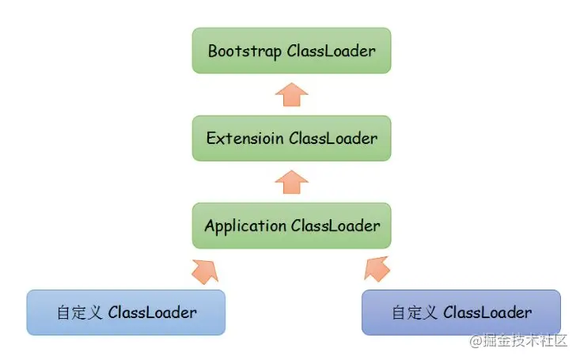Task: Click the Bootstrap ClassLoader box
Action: pos(291,51)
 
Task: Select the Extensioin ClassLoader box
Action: pos(291,138)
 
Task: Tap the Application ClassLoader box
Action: pos(291,225)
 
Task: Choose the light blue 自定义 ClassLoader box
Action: pos(126,313)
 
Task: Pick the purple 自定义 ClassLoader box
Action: pos(461,313)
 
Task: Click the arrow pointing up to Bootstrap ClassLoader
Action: pos(291,95)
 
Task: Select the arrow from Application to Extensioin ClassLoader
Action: pos(291,182)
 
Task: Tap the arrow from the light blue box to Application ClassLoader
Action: pos(206,271)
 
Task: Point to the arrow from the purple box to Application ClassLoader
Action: pos(377,269)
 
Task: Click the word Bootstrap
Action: pos(245,51)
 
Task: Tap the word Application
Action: pos(245,226)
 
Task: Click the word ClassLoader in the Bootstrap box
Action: pos(331,51)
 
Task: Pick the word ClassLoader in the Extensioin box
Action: pos(333,138)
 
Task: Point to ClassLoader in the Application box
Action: pos(335,225)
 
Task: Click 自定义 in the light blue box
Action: pos(79,313)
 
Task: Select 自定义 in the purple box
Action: pos(415,313)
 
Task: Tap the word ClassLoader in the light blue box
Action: pos(153,313)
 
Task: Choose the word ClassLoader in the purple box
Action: pos(487,313)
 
